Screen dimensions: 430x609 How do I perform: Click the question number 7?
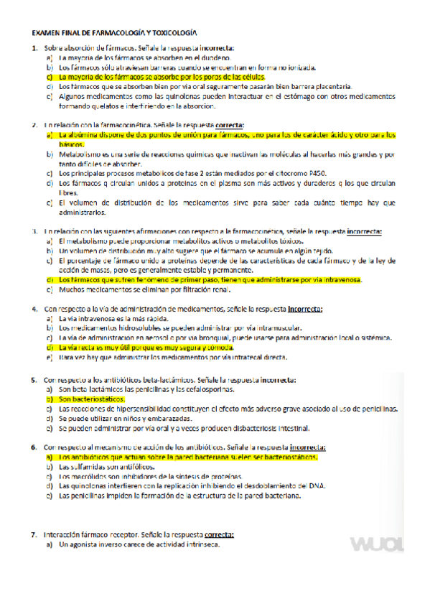point(34,535)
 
